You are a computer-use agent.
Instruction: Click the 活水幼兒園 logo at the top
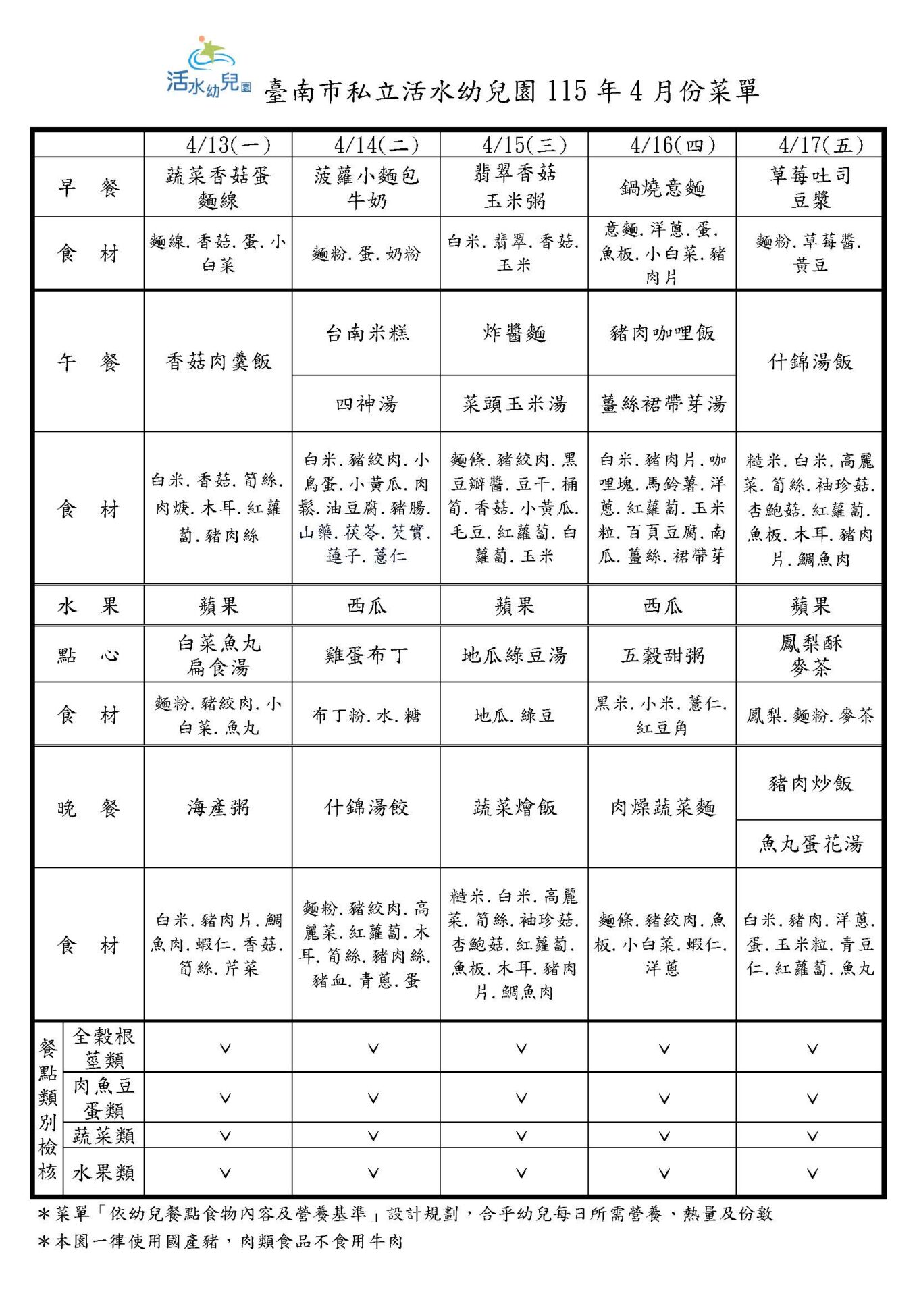(x=209, y=67)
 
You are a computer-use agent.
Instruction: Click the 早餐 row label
(x=88, y=187)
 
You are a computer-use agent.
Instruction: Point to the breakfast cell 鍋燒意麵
(x=662, y=187)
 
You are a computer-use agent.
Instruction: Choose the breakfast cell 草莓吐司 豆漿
(x=810, y=187)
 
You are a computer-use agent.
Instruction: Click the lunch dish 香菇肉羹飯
(x=218, y=361)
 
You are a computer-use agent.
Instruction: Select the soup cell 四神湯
(x=366, y=404)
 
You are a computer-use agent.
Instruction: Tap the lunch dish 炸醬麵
(x=514, y=333)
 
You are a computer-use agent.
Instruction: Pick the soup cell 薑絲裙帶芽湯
(x=662, y=404)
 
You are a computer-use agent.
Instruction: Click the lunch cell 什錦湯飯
(x=810, y=361)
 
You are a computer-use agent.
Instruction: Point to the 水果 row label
(x=88, y=605)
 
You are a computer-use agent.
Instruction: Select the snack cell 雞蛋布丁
(x=366, y=655)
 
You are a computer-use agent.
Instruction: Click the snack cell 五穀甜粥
(x=662, y=655)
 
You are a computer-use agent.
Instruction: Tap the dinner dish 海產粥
(x=218, y=807)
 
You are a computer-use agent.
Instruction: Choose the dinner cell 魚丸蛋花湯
(x=810, y=844)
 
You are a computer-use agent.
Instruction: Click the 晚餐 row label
(x=88, y=807)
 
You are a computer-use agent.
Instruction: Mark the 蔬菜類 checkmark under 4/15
(x=521, y=1136)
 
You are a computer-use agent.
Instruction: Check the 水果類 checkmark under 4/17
(x=812, y=1173)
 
